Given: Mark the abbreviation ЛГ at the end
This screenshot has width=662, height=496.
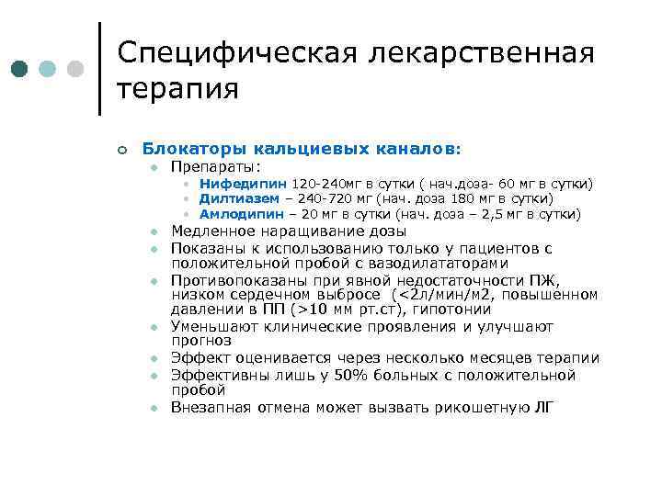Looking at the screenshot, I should (x=544, y=407).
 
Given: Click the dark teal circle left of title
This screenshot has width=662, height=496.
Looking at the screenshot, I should (x=21, y=68).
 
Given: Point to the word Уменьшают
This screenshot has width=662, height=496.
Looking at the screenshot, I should (x=215, y=327).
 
